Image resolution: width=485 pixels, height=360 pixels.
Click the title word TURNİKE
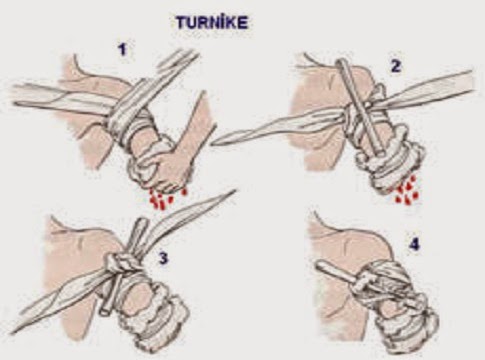coord(212,23)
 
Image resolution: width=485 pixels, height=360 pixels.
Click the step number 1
coord(123,50)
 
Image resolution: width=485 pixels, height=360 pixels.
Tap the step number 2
coord(396,67)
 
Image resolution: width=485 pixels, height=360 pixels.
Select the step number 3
coord(163,258)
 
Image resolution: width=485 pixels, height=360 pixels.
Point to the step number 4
coord(414,245)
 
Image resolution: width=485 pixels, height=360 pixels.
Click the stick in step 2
coord(362,107)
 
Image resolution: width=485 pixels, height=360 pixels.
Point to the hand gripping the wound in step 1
coord(173,163)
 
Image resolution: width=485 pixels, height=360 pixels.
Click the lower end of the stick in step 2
coord(380,153)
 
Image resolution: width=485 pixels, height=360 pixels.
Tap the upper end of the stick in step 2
coord(341,62)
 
